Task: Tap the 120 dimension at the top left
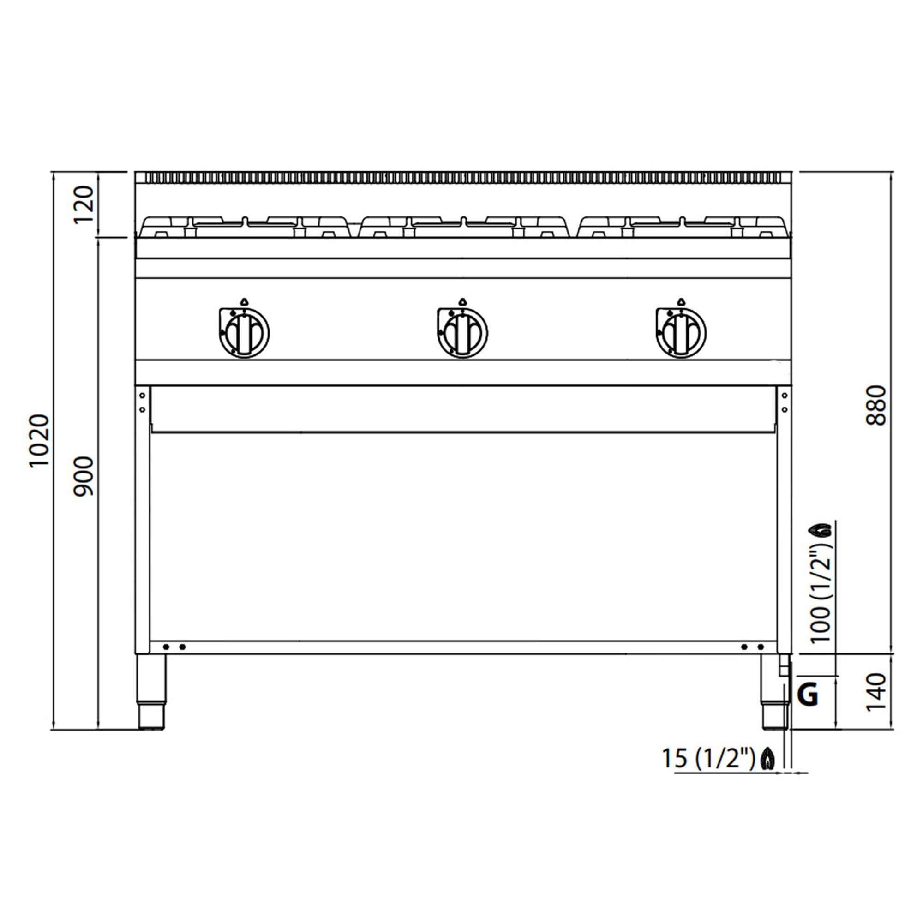(x=84, y=204)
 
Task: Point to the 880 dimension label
(x=876, y=406)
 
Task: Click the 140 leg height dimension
(x=876, y=692)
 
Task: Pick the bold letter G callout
(x=809, y=695)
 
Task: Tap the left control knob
(x=244, y=331)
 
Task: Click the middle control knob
(x=462, y=331)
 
